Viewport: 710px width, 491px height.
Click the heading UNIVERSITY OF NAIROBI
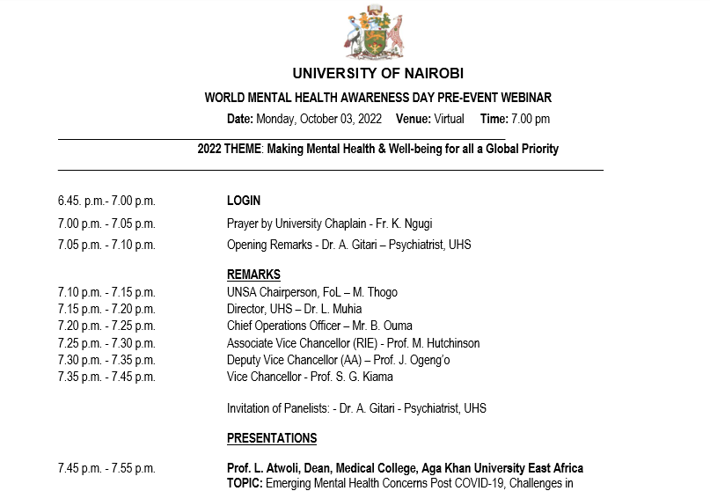377,74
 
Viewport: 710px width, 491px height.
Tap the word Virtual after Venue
449,119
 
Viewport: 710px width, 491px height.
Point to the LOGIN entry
244,201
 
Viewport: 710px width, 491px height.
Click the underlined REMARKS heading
253,275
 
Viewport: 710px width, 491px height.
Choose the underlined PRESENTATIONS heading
272,438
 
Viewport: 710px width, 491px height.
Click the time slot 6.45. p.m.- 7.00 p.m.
106,201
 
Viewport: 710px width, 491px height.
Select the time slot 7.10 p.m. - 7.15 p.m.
106,292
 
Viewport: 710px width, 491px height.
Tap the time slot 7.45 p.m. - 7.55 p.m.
106,468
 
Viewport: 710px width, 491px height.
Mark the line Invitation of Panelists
356,408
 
